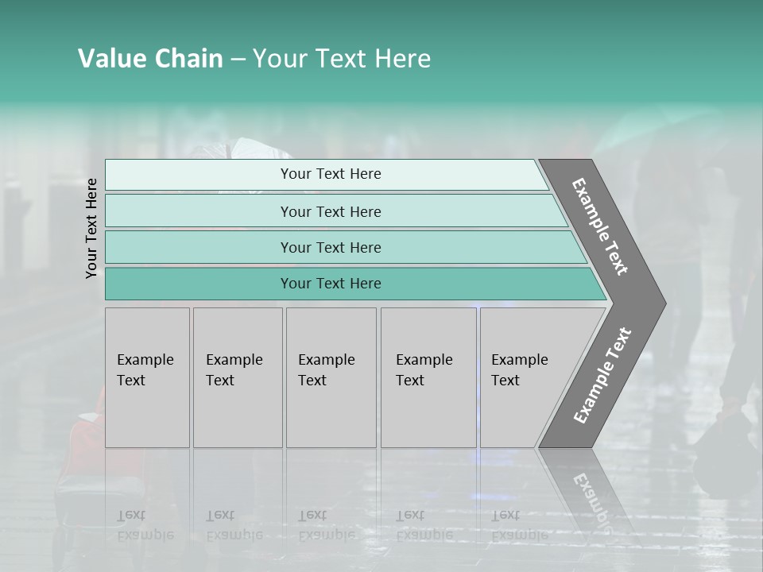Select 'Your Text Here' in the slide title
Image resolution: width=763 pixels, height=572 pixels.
point(342,59)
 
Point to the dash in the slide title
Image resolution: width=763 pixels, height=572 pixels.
point(238,60)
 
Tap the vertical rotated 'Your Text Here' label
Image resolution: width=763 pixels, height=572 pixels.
point(91,228)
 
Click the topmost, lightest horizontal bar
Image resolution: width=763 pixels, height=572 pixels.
point(330,174)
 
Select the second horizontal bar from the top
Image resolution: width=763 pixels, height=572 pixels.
point(330,211)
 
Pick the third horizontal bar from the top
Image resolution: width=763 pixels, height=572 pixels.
point(330,247)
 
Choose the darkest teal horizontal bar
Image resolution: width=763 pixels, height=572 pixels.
point(330,284)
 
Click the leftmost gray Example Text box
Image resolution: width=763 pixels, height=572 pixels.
point(147,377)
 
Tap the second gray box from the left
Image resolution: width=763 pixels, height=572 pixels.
point(238,377)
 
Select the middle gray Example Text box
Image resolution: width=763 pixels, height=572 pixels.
point(331,377)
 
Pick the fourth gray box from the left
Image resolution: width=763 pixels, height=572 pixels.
point(428,377)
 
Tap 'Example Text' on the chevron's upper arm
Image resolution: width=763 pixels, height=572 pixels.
point(600,226)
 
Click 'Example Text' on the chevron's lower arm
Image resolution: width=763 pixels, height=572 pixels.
point(602,376)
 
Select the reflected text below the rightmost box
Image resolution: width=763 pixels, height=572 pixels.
point(519,524)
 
